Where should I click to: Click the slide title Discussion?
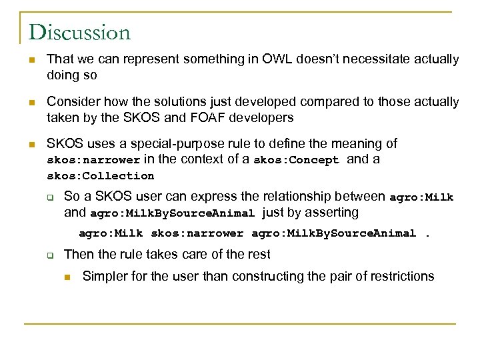tap(79, 32)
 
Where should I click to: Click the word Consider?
tap(70, 101)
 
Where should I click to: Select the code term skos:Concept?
tap(297, 160)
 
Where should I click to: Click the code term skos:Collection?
tap(100, 176)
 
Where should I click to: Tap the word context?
tap(201, 159)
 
